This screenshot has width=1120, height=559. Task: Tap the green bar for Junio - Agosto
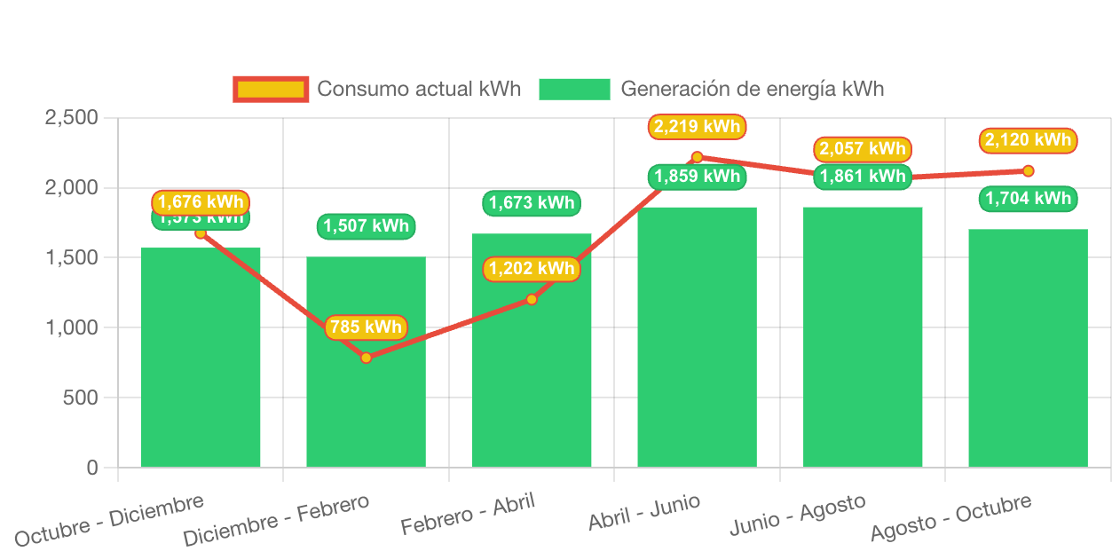click(x=863, y=337)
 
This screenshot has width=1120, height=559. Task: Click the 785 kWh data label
click(x=366, y=327)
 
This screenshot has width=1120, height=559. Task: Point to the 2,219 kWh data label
click(x=697, y=127)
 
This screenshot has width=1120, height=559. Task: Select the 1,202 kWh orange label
click(x=532, y=269)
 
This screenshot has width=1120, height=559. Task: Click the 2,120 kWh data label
click(x=1028, y=140)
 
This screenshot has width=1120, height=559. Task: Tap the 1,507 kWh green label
click(x=366, y=226)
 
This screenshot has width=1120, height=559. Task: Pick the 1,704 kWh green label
click(x=1028, y=199)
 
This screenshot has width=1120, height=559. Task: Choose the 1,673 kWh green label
click(x=532, y=203)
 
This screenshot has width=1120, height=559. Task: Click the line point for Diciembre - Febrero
click(x=366, y=358)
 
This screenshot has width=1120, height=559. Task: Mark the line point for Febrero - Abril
click(x=532, y=299)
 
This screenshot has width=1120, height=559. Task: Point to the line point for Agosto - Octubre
click(x=1028, y=170)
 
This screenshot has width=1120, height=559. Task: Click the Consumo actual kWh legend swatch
click(x=271, y=89)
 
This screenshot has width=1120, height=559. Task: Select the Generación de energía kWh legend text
click(x=752, y=89)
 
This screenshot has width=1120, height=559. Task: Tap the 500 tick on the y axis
click(x=82, y=398)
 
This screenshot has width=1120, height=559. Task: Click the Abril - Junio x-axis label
click(x=644, y=514)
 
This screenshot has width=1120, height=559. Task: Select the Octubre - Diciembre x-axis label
click(x=109, y=521)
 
